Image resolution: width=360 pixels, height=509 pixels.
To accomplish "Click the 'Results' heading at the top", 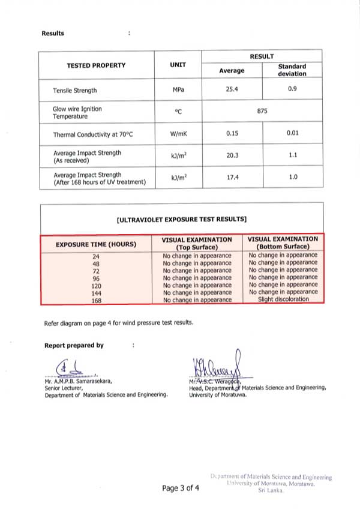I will (53, 33).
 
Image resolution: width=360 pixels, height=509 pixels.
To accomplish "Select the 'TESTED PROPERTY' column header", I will (96, 65).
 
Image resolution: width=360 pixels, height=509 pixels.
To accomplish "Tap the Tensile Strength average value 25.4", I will (232, 90).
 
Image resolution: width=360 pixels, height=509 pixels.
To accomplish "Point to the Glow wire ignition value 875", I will (262, 112).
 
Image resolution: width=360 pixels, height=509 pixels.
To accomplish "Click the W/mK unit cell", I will (178, 134).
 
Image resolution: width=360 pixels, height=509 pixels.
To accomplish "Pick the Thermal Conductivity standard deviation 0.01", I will (292, 133).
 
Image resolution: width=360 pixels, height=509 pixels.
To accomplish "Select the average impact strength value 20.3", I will (232, 155).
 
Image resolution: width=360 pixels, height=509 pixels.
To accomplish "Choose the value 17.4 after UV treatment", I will (232, 178).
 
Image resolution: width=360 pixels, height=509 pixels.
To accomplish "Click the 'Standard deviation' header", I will (292, 70).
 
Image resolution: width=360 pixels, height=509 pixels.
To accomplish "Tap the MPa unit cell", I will (178, 91).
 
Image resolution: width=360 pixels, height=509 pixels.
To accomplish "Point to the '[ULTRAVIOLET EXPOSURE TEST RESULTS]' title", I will (182, 220).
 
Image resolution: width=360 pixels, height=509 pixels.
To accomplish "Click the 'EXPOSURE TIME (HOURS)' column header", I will (96, 244).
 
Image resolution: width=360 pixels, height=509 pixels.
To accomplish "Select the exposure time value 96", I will (96, 279).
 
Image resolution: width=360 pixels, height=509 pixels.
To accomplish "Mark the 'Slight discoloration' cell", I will (283, 299).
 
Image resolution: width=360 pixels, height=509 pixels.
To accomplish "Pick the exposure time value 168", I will (96, 300).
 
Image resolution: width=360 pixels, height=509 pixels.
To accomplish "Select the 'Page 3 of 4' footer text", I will (180, 489).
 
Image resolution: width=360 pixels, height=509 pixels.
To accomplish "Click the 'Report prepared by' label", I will (74, 345).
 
